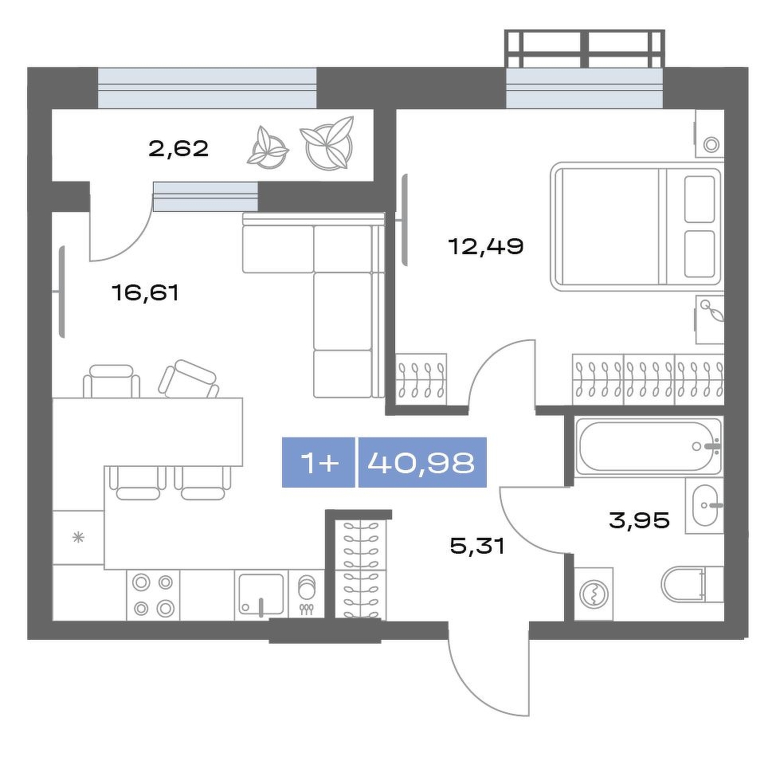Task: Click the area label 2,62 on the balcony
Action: (x=178, y=148)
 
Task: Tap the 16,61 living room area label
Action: (x=145, y=292)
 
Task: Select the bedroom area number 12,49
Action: (x=486, y=245)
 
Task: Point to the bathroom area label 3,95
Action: (x=639, y=520)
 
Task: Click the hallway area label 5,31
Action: (x=477, y=547)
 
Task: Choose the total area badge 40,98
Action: (x=422, y=463)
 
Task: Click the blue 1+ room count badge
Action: (x=319, y=463)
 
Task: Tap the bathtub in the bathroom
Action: (x=648, y=446)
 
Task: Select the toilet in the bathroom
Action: (x=692, y=584)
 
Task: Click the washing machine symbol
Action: (x=594, y=594)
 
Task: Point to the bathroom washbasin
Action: (x=704, y=505)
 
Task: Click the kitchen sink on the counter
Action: (x=261, y=595)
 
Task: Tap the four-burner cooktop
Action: (x=153, y=595)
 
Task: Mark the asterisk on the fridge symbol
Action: (x=79, y=537)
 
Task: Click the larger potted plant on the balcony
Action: (x=327, y=143)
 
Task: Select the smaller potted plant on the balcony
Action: (x=268, y=147)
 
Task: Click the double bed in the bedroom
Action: (x=637, y=226)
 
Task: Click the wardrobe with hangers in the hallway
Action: (x=359, y=569)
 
